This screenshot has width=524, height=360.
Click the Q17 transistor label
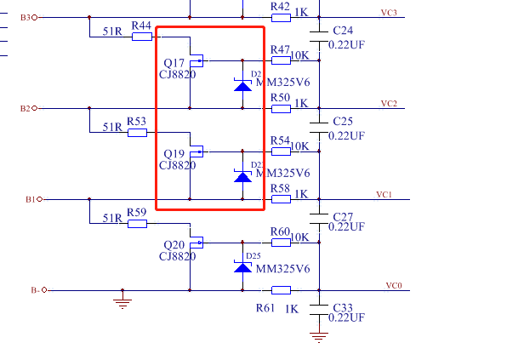pos(174,63)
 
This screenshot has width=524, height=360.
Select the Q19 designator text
pos(174,154)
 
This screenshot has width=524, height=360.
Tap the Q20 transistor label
pos(174,244)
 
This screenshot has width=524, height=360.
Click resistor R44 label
pos(142,26)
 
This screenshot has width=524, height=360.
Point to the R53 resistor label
pos(136,121)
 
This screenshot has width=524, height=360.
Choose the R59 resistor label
pos(136,212)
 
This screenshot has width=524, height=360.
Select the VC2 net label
pos(389,104)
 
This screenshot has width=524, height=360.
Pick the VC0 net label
pos(393,285)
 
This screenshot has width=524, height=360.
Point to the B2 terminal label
pos(25,109)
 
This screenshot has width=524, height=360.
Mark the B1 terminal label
pos(30,200)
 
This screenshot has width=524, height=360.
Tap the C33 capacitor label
pos(344,306)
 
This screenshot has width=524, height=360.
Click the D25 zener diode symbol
pos(243,267)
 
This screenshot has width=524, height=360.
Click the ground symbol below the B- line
pos(124,301)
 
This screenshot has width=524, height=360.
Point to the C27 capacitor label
pos(344,216)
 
